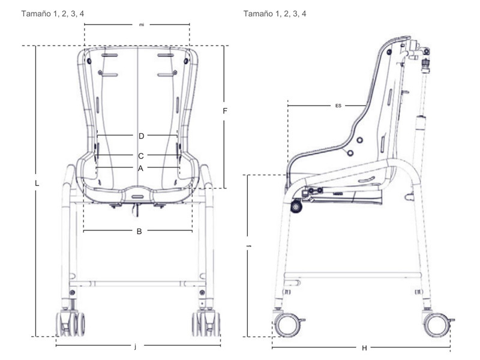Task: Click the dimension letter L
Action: coord(37,184)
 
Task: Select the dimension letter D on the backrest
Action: coord(141,135)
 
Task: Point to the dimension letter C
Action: coord(141,155)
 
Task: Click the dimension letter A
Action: coord(140,168)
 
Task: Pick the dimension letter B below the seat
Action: coord(139,231)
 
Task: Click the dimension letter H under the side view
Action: coord(364,347)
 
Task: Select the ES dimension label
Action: coord(338,106)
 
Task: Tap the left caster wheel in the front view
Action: coord(70,324)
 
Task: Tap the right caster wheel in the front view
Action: coord(206,324)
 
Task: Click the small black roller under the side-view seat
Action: coord(296,207)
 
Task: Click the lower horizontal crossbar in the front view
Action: coord(138,282)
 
